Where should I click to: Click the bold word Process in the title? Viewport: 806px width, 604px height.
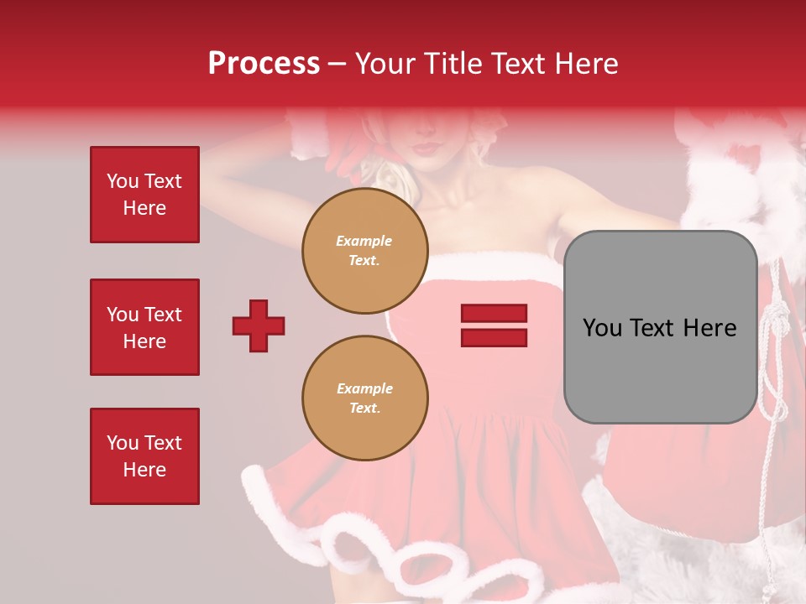(264, 64)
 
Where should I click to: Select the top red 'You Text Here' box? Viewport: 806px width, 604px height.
(144, 195)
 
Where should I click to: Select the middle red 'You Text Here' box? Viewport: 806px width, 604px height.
(144, 327)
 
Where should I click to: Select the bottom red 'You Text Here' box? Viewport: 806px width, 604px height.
(144, 456)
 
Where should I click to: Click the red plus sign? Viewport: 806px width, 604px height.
(259, 325)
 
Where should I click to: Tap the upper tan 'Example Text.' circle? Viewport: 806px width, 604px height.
(364, 251)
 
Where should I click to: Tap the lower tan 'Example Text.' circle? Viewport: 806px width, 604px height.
(364, 398)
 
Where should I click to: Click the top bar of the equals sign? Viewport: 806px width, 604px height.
(494, 313)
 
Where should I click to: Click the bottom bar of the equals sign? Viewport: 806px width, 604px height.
(494, 338)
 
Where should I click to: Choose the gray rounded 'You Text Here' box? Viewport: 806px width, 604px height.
(660, 327)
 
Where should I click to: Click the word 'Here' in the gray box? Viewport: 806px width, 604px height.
(711, 328)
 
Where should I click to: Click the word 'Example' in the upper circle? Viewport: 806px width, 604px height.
(364, 241)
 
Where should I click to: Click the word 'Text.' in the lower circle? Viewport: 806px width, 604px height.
(364, 409)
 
